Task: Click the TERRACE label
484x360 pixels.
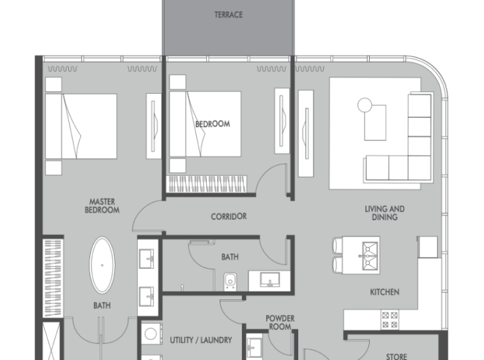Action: coord(229,15)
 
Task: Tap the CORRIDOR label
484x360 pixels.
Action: coord(229,216)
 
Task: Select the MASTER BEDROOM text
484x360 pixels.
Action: coord(102,206)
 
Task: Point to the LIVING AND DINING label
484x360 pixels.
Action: coord(384,213)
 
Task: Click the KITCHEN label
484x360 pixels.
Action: coord(384,292)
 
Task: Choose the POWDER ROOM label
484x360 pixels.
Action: coord(280,322)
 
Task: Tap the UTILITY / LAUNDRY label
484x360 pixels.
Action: coord(201,340)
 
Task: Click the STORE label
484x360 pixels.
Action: coord(397,357)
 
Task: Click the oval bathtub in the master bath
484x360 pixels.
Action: coord(102,265)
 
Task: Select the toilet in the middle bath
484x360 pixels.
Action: coord(230,281)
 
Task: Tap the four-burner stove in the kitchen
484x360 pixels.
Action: coord(389,320)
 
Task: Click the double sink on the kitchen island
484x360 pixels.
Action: coord(370,256)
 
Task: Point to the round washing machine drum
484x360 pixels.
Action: coord(151,334)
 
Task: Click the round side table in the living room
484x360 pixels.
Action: coord(365,105)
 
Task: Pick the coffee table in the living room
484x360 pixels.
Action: coord(375,123)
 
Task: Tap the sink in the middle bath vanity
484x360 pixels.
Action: coord(270,280)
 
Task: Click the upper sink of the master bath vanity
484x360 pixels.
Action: coord(147,259)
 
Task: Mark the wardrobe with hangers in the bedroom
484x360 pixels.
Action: coord(206,184)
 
